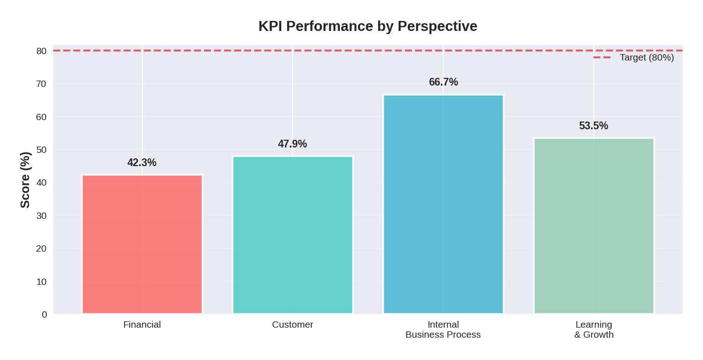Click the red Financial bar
pyautogui.click(x=142, y=244)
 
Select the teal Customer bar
pyautogui.click(x=293, y=235)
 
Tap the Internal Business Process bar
pyautogui.click(x=443, y=204)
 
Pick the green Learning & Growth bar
pyautogui.click(x=594, y=226)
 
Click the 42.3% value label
pyautogui.click(x=142, y=162)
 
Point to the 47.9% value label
pyautogui.click(x=293, y=144)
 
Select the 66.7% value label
pyautogui.click(x=443, y=82)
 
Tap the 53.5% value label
pyautogui.click(x=594, y=126)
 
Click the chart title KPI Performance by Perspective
pyautogui.click(x=368, y=26)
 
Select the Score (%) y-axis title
pyautogui.click(x=25, y=180)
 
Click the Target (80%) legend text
pyautogui.click(x=647, y=57)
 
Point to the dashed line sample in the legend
pyautogui.click(x=602, y=57)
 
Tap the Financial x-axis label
pyautogui.click(x=142, y=325)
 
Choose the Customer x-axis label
pyautogui.click(x=293, y=325)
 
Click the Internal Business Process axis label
pyautogui.click(x=443, y=330)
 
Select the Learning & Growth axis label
pyautogui.click(x=594, y=330)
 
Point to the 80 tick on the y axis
pyautogui.click(x=41, y=51)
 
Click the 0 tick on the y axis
pyautogui.click(x=44, y=314)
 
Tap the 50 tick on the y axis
pyautogui.click(x=41, y=150)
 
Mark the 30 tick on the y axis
pyautogui.click(x=41, y=216)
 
